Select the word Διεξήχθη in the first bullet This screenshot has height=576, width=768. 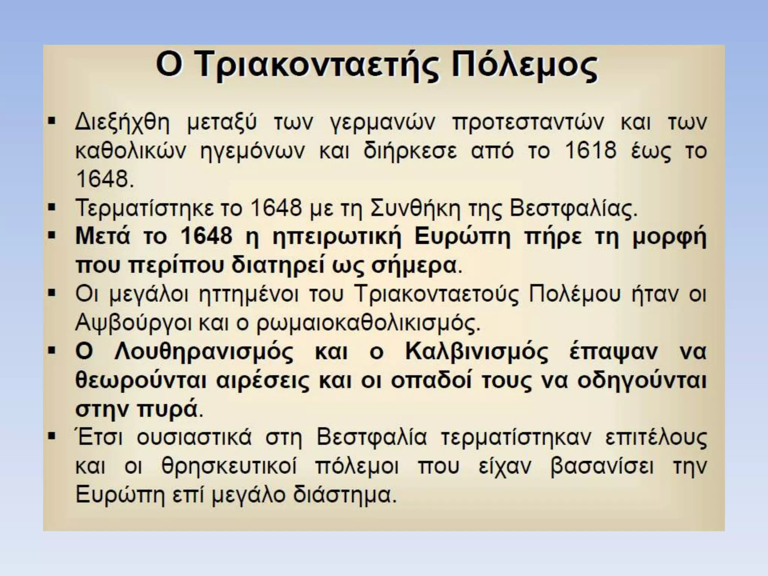(122, 122)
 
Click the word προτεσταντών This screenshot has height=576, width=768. (528, 123)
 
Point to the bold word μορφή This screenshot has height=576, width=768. (669, 237)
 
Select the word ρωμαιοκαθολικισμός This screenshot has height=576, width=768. (367, 323)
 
